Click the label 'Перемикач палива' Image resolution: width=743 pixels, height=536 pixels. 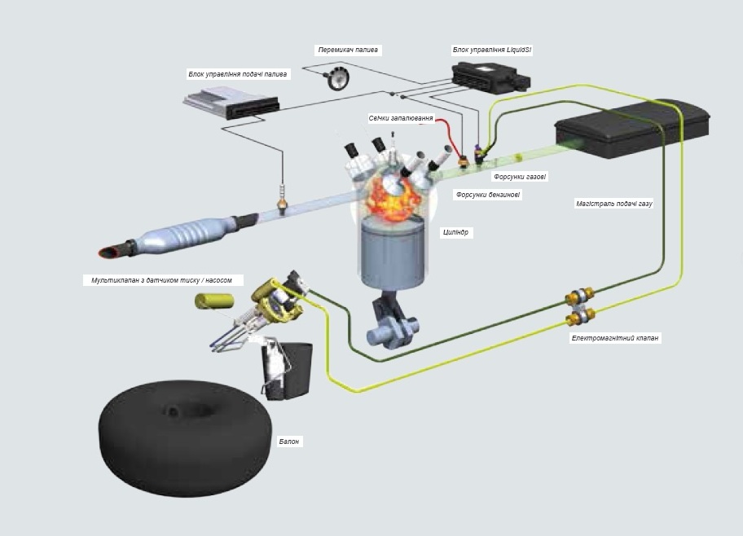coord(348,50)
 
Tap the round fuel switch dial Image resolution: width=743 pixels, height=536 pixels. coord(336,79)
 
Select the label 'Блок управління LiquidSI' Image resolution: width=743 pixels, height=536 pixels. coord(492,50)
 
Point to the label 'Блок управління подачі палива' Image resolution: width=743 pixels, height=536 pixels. coord(238,74)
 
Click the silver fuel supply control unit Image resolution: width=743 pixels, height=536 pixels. coord(230,105)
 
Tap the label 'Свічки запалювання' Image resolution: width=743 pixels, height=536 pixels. coord(401,118)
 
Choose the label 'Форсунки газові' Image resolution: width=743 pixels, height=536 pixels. coord(520,176)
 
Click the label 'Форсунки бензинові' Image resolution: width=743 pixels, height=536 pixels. coord(488,195)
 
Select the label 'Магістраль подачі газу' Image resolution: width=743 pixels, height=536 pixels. coord(613,204)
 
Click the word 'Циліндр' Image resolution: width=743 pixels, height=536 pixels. coord(456,232)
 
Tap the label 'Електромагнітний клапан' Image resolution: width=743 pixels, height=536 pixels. coord(616,337)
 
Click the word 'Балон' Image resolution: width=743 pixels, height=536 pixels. coord(289,442)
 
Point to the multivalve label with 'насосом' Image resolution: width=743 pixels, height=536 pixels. coord(162,280)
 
